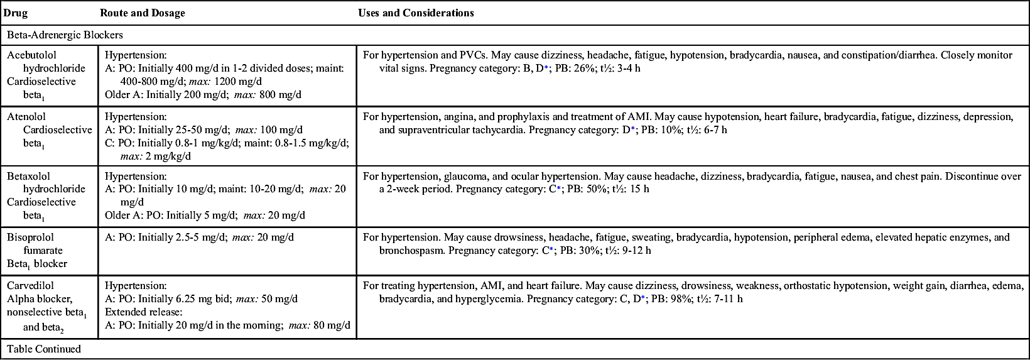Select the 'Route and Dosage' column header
pyautogui.click(x=142, y=13)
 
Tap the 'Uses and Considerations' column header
pyautogui.click(x=416, y=13)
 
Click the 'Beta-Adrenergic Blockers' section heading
pyautogui.click(x=65, y=35)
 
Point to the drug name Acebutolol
pyautogui.click(x=31, y=55)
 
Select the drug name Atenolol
pyautogui.click(x=26, y=117)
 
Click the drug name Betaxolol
pyautogui.click(x=28, y=177)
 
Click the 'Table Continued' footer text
pyautogui.click(x=44, y=349)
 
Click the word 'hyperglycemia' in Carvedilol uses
pyautogui.click(x=492, y=299)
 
